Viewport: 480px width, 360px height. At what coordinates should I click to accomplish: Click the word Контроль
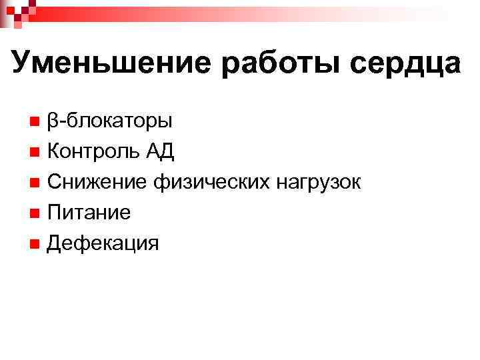click(x=93, y=152)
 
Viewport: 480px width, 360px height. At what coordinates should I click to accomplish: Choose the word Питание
click(x=89, y=213)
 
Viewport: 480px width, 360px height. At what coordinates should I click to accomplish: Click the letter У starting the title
click(x=23, y=64)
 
